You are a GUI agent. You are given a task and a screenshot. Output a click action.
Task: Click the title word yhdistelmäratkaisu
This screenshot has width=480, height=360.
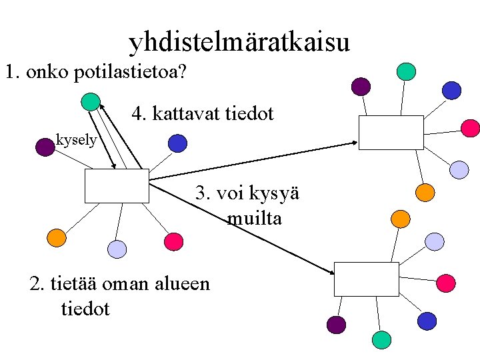coord(239,43)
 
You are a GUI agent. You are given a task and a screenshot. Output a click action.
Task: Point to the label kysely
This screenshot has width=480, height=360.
coord(77,140)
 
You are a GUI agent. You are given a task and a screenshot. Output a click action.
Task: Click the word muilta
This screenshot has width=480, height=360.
coord(254,218)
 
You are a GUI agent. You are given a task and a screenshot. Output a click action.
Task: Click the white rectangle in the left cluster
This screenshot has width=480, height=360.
coord(117,185)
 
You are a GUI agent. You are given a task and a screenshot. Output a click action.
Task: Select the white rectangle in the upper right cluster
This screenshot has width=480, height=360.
coord(391,132)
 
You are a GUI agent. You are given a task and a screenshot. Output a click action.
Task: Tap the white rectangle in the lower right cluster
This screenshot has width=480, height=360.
coord(366,279)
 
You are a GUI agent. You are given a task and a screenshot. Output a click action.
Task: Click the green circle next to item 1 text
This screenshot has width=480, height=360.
coord(90,102)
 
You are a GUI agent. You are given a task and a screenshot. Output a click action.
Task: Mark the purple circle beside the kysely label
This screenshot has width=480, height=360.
coord(45,147)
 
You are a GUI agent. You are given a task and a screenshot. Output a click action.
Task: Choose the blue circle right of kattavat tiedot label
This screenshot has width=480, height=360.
coord(177,143)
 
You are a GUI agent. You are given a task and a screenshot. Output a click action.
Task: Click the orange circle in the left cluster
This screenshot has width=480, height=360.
coord(57,237)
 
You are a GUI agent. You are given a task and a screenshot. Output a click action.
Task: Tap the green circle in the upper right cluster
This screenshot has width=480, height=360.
coord(406,71)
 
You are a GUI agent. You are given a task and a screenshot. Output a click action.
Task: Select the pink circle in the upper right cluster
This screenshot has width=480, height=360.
coord(471,127)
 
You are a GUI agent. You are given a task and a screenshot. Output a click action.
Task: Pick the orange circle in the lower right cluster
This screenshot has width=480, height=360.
coord(399,218)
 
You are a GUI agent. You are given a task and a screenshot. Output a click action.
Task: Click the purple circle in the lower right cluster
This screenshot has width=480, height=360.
coord(337,324)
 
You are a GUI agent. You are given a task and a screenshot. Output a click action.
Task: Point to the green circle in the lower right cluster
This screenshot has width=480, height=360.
coord(381,340)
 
